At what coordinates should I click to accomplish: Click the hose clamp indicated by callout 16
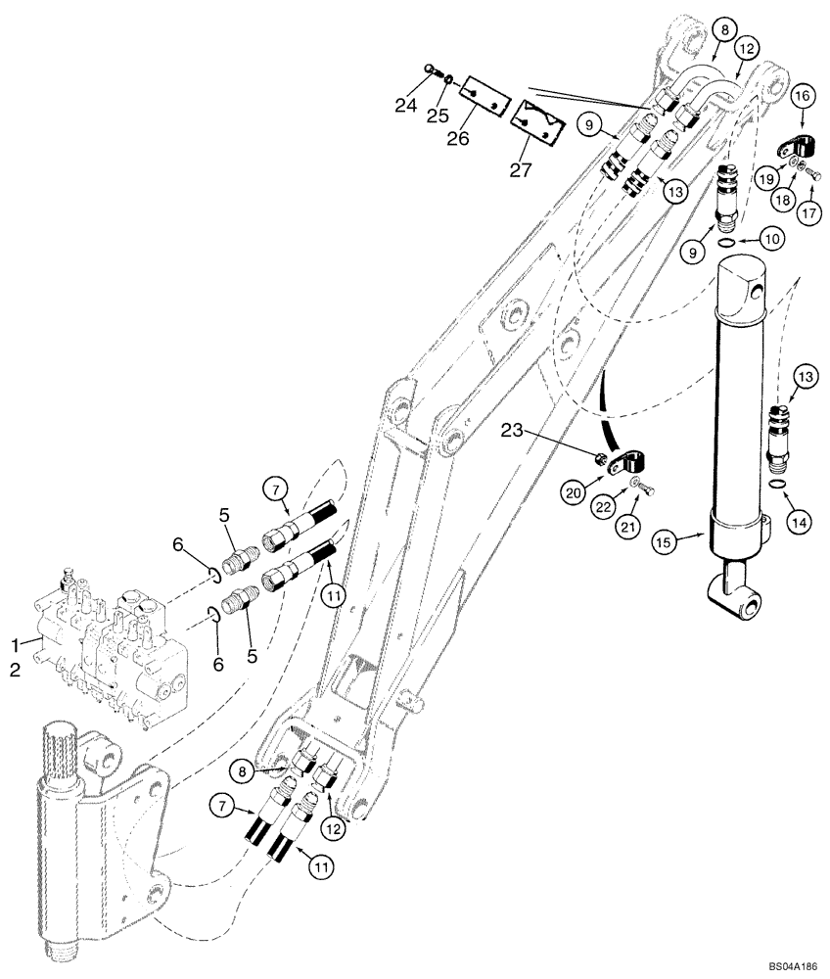(792, 149)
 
